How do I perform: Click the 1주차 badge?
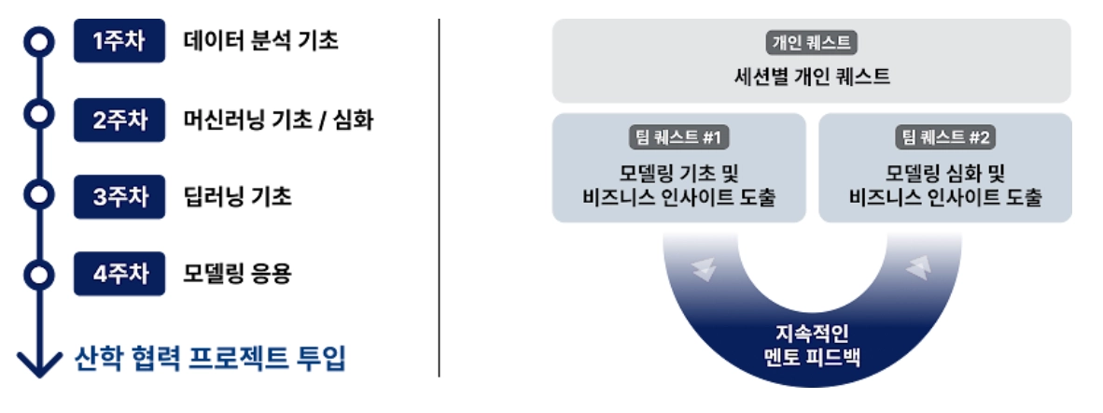tap(119, 42)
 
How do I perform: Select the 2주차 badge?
tap(119, 120)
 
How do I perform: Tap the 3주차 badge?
tap(119, 197)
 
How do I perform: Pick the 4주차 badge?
tap(119, 275)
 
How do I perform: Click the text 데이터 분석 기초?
tap(260, 42)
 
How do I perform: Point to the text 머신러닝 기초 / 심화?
tap(279, 120)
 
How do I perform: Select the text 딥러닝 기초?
tap(238, 197)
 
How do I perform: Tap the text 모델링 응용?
tap(238, 275)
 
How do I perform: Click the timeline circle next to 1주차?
tap(38, 41)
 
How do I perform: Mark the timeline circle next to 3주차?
tap(38, 196)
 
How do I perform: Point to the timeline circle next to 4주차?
tap(38, 275)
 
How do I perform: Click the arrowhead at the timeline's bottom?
tap(38, 365)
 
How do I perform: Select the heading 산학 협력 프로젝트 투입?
tap(210, 358)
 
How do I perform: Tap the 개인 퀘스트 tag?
tap(811, 42)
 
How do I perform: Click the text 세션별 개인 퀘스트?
tap(811, 76)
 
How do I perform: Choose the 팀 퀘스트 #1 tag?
tap(678, 138)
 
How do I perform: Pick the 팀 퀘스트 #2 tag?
tap(945, 138)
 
